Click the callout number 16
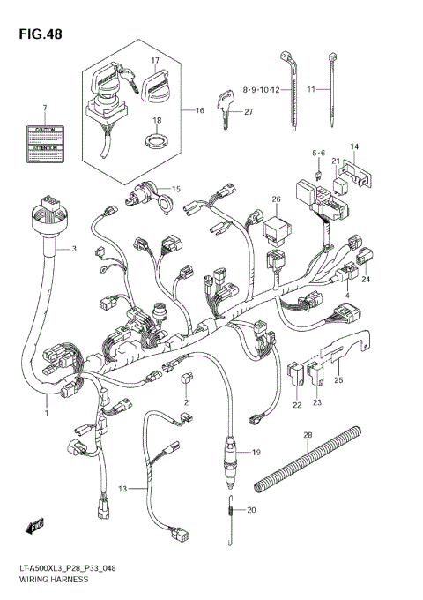click(x=199, y=110)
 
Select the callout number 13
click(x=123, y=487)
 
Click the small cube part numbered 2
click(x=185, y=380)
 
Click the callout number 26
click(x=276, y=199)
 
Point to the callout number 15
click(x=175, y=190)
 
